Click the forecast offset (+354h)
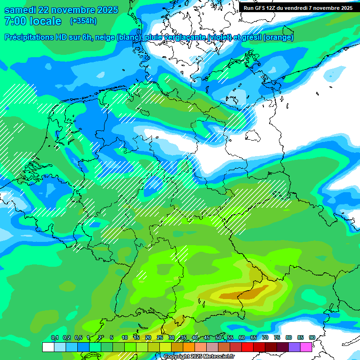point(83,21)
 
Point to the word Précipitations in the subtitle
point(33,37)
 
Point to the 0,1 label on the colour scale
point(54,338)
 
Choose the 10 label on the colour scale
point(125,338)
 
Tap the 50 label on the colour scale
point(218,338)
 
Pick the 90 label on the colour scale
point(312,338)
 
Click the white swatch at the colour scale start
point(48,347)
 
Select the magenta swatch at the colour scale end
point(306,347)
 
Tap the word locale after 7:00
point(45,21)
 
